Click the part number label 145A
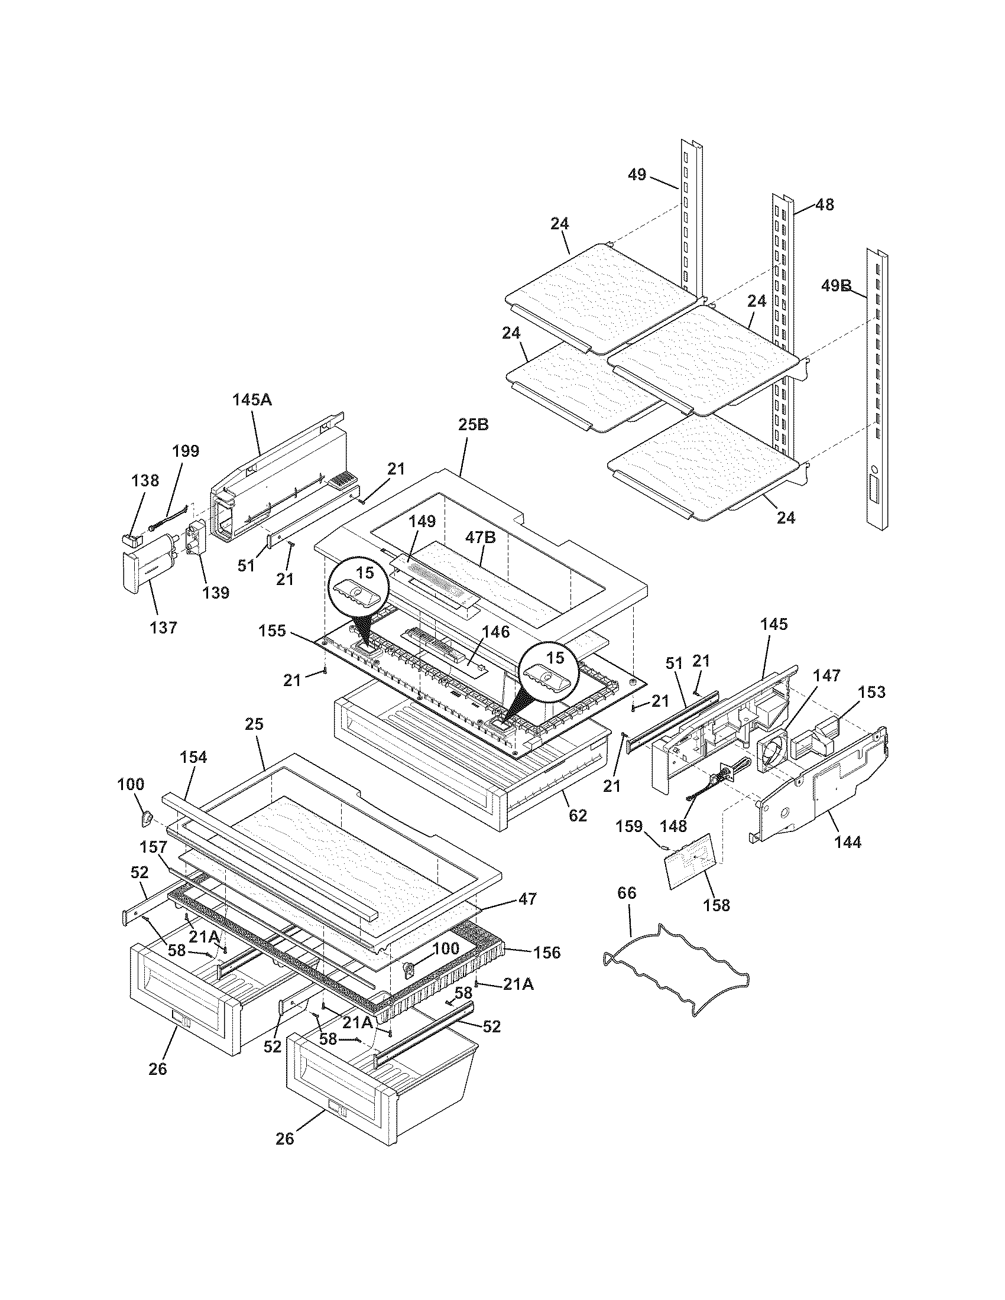pos(251,399)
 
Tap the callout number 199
pos(186,451)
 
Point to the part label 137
pos(163,627)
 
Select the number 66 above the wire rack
pos(627,892)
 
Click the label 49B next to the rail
pos(837,286)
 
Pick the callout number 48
pos(824,205)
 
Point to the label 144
pos(848,841)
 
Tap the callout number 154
pos(194,757)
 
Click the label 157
pos(153,846)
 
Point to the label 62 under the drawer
pos(578,815)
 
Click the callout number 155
pos(273,630)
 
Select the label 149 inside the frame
pos(422,521)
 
